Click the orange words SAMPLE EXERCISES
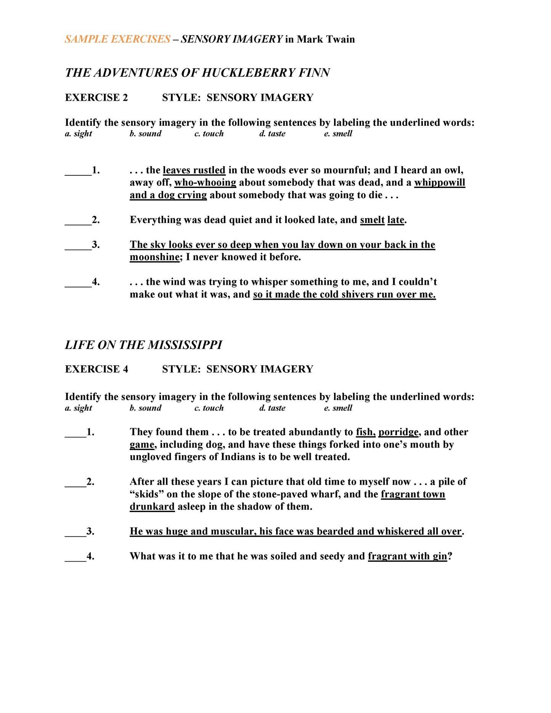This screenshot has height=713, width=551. click(117, 39)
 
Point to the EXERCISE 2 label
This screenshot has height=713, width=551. click(96, 98)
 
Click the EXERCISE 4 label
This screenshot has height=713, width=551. click(96, 369)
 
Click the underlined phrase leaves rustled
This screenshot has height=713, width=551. click(194, 170)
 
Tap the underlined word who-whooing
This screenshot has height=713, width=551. click(205, 183)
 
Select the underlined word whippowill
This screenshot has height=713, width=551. click(440, 183)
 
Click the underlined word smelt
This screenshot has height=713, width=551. click(372, 220)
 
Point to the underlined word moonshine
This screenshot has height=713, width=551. click(154, 257)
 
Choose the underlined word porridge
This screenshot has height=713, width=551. click(398, 432)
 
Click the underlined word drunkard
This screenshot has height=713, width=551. click(152, 507)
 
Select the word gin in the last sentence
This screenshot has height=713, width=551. click(440, 556)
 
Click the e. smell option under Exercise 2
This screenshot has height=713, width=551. click(338, 134)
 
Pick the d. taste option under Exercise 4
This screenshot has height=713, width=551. click(272, 408)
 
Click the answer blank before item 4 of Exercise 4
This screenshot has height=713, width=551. click(75, 557)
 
